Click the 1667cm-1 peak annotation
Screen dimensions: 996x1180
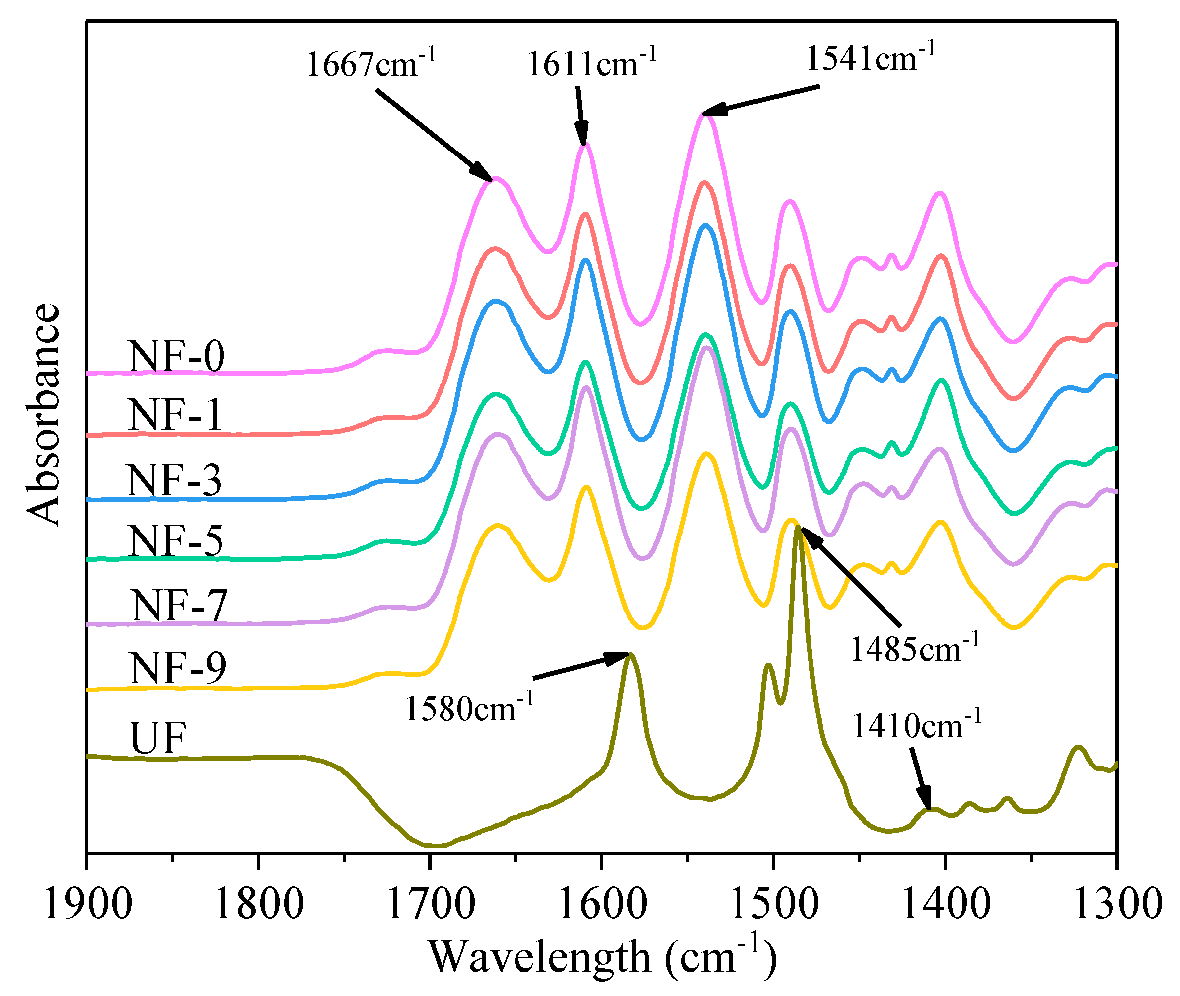[x=370, y=63]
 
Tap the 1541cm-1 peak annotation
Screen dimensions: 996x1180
[x=870, y=58]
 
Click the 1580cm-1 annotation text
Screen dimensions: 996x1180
[x=469, y=708]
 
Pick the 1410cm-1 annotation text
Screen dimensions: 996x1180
[x=916, y=726]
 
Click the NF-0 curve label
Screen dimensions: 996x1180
[x=177, y=356]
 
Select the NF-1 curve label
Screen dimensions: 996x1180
[x=175, y=416]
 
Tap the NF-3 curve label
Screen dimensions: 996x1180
[x=174, y=480]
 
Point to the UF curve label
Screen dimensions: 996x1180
[x=157, y=738]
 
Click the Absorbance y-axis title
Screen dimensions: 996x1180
[x=44, y=415]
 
